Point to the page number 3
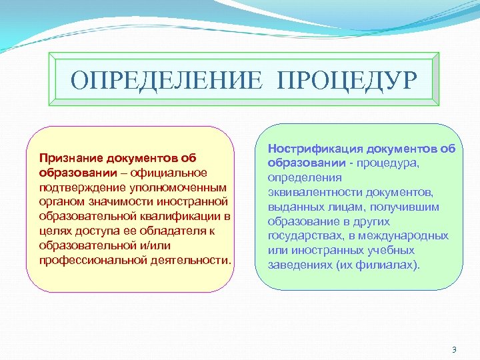coord(454,350)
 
